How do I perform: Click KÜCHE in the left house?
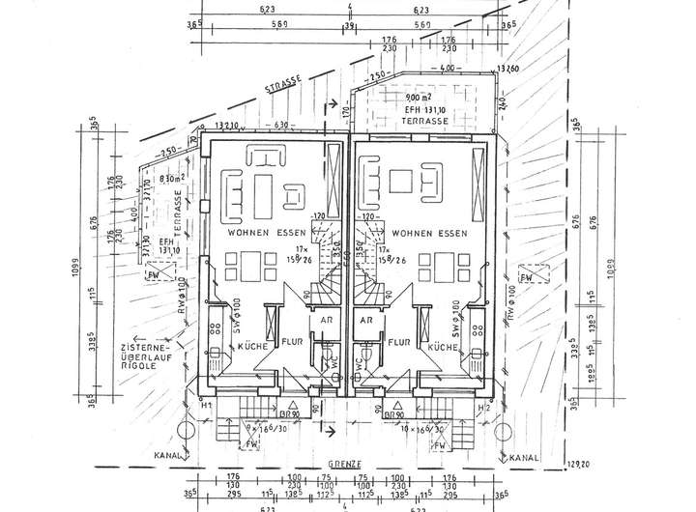pyautogui.click(x=252, y=345)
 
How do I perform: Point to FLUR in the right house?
pyautogui.click(x=396, y=341)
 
